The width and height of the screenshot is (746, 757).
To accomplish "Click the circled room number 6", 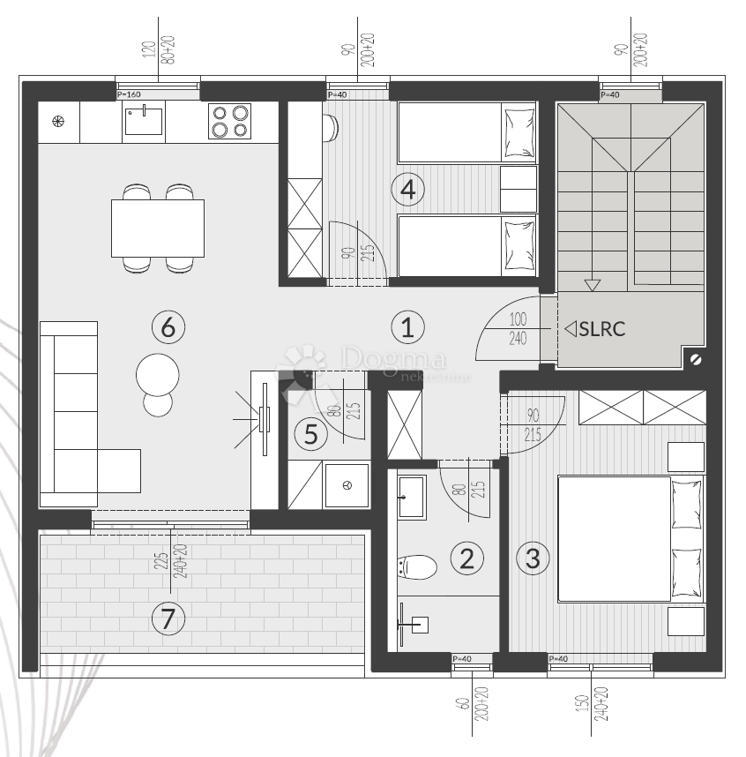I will point(168,327).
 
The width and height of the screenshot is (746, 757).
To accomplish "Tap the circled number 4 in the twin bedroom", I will point(407,188).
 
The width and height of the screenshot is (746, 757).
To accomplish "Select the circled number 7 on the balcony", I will point(168,619).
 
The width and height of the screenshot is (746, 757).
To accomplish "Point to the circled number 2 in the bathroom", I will point(467,557).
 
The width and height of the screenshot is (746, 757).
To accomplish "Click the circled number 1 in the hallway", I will point(407,327).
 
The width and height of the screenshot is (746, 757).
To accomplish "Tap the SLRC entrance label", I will point(596,330).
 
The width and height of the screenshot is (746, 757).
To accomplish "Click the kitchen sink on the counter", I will point(143,120).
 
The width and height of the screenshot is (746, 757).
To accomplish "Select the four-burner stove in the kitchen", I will point(229,121).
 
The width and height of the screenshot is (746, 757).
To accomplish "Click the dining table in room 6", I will point(158,228).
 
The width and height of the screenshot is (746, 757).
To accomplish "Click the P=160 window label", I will point(129,94).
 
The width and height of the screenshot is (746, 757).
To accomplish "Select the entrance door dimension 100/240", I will point(518,327).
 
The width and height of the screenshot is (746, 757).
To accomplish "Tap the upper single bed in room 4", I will point(467,132).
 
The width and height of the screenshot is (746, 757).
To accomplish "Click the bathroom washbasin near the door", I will point(411,496).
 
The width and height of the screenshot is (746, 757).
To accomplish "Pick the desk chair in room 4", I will point(331,128).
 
